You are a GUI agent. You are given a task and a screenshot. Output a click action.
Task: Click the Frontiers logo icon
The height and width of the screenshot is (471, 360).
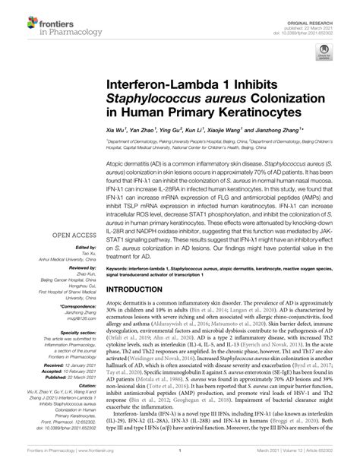(17, 16)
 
